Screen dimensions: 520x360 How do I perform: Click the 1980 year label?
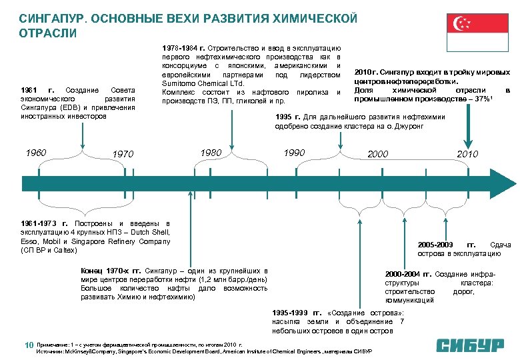[211, 153]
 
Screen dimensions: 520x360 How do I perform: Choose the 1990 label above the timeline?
[294, 153]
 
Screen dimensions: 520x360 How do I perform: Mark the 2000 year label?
[377, 155]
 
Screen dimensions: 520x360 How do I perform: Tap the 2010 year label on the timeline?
[467, 155]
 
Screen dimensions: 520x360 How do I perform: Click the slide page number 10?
[29, 345]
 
